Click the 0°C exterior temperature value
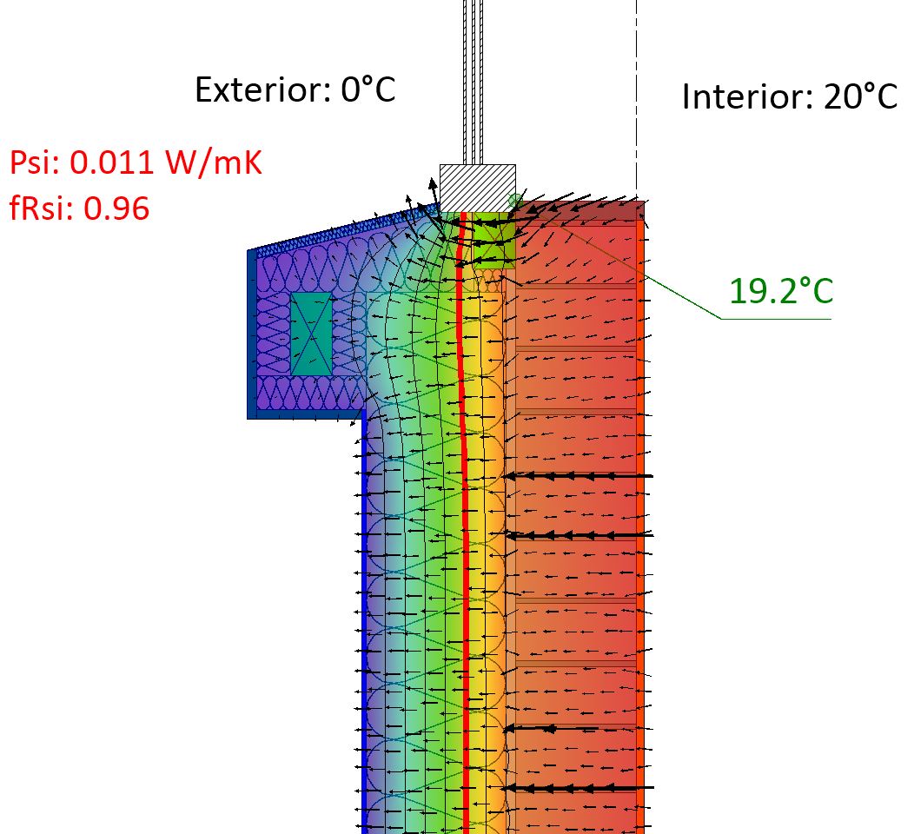tap(368, 89)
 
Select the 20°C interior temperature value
tap(861, 96)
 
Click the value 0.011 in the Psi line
tap(112, 162)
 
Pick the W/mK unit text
tap(214, 162)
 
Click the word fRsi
tap(41, 208)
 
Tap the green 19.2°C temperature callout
tap(781, 291)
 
